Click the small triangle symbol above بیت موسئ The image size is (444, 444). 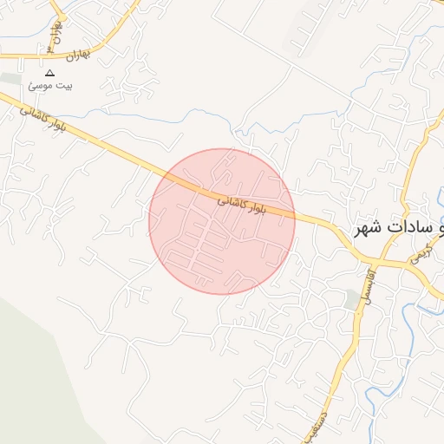[49, 73]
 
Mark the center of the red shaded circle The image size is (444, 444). [222, 221]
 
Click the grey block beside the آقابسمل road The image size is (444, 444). [350, 299]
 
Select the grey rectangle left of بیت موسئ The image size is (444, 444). [10, 79]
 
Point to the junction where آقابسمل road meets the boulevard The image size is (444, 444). [369, 263]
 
